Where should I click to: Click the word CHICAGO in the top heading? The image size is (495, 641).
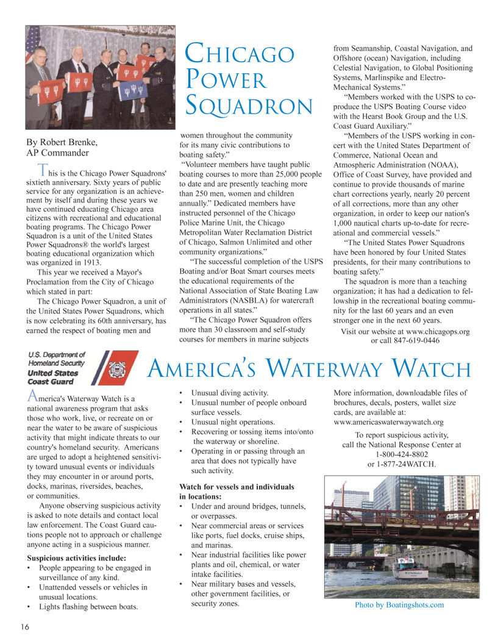click(240, 54)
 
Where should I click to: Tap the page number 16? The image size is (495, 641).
click(25, 627)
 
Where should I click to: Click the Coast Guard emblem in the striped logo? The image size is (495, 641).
click(116, 370)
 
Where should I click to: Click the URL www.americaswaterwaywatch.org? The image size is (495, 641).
click(388, 422)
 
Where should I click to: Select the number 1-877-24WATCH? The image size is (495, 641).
click(402, 464)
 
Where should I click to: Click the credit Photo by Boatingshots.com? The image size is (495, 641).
click(399, 605)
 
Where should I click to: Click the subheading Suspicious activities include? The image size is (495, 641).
click(77, 558)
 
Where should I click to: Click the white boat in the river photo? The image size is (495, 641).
click(409, 570)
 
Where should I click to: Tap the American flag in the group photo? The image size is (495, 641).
click(32, 40)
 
